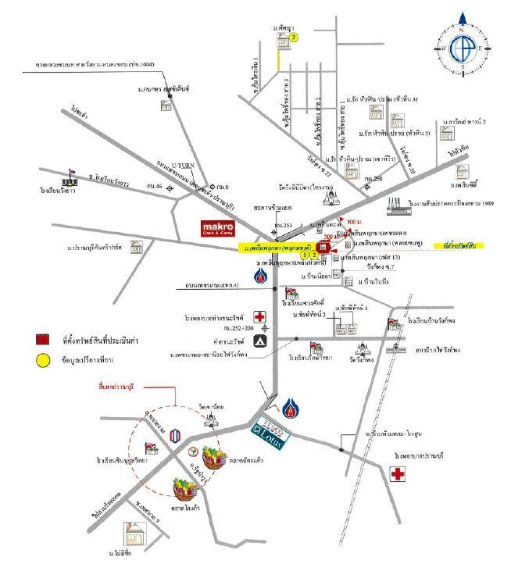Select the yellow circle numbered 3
(294, 37)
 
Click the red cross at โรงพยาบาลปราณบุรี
(398, 473)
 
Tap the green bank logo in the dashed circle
(191, 451)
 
